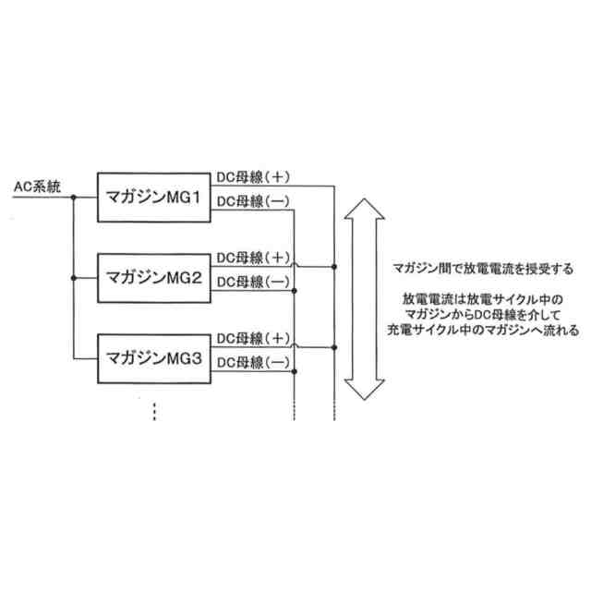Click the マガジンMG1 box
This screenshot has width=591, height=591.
coord(154,196)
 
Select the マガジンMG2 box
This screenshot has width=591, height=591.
coord(154,276)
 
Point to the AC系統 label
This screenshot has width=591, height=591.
coord(37,187)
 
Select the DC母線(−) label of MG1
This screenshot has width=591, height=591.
coord(255,201)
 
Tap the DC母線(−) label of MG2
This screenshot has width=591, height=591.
coord(255,281)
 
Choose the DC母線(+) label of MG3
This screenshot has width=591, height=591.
coord(255,337)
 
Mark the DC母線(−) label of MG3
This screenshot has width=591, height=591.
coord(255,362)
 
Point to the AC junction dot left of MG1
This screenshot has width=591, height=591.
coord(72,196)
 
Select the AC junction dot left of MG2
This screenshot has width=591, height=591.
coord(72,276)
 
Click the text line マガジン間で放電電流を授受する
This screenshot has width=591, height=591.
coord(482,270)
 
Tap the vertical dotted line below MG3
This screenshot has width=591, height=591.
coord(154,411)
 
